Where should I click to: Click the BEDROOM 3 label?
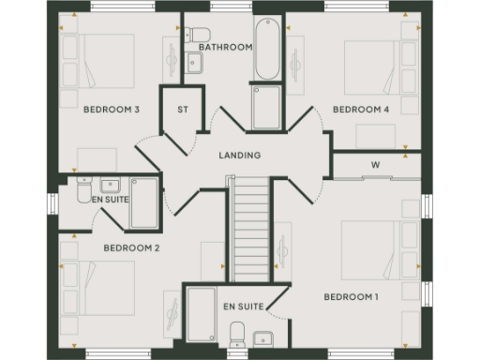112,110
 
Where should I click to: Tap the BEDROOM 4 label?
361,110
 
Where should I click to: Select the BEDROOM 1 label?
352,297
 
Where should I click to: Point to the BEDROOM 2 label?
131,248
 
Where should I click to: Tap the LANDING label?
239,156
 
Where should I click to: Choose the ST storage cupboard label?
184,110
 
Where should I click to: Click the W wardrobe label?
375,165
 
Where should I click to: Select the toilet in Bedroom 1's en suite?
237,333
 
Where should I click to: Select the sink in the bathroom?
195,63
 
